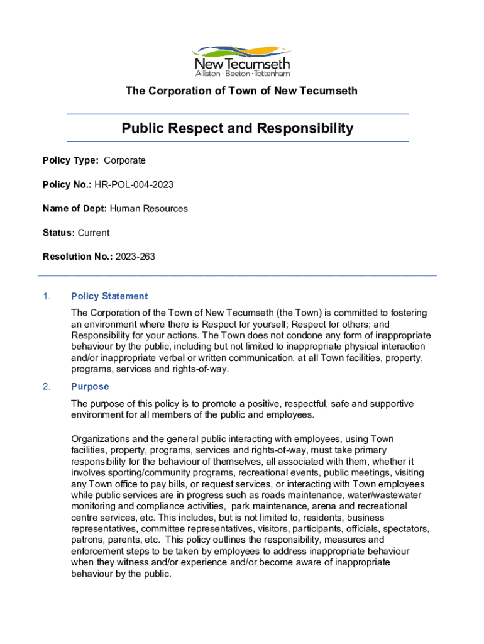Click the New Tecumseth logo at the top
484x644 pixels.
pos(242,59)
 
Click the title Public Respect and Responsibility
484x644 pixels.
pos(238,129)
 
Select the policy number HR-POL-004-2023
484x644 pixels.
pos(134,184)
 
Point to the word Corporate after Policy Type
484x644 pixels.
pos(124,160)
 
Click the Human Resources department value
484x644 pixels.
pos(149,208)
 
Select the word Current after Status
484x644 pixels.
pos(94,233)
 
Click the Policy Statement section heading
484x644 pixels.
pos(109,296)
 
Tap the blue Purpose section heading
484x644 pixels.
pos(90,387)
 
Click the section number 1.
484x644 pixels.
pos(46,296)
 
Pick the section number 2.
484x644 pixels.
pos(46,387)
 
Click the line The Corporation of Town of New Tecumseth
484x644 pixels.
pos(241,91)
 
